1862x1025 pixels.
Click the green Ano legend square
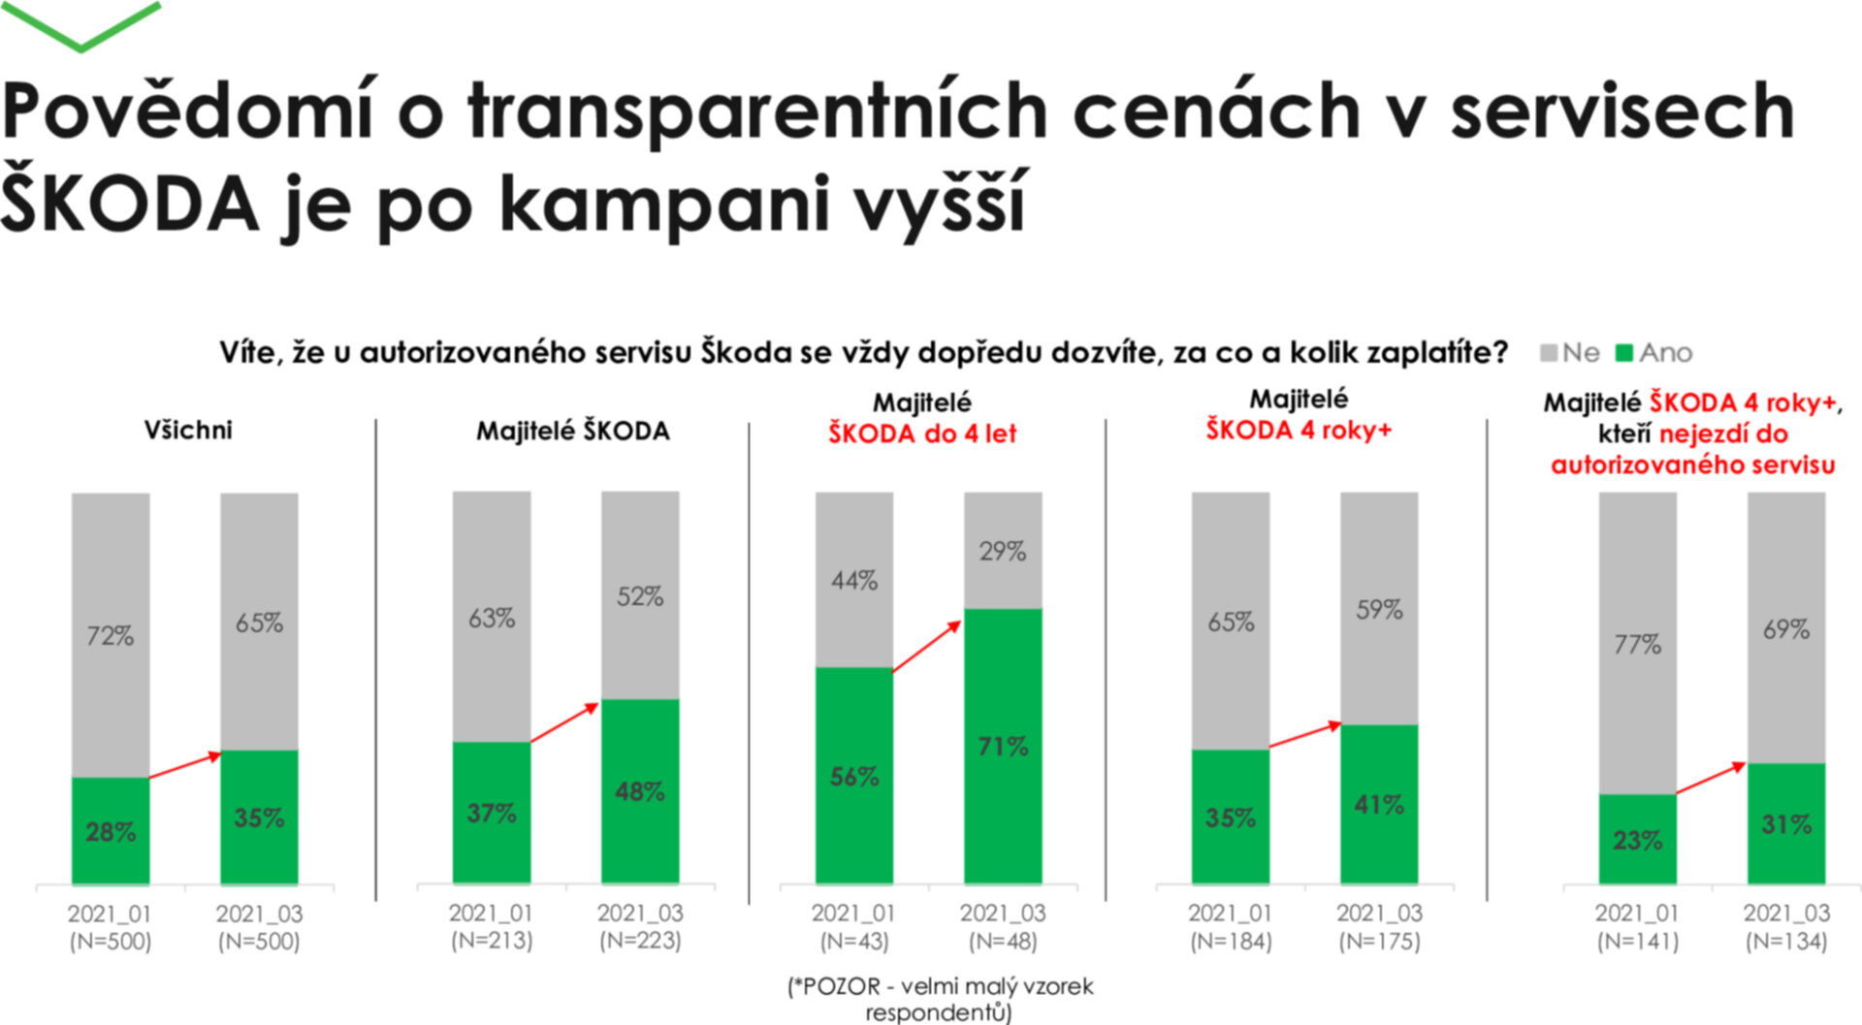[x=1624, y=353]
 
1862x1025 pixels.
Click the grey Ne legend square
[x=1549, y=353]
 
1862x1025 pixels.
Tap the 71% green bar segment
[x=1003, y=746]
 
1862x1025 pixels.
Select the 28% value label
[x=111, y=832]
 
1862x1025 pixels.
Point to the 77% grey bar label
[x=1637, y=644]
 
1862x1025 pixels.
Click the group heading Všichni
[x=188, y=430]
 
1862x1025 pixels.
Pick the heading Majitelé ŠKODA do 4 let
[x=921, y=418]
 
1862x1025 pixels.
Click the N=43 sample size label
[x=854, y=941]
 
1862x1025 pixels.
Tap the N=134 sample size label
[x=1786, y=941]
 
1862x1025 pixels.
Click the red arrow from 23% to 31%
[x=1712, y=779]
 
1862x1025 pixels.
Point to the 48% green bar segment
[x=640, y=790]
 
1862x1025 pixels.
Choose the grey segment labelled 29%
[x=1003, y=551]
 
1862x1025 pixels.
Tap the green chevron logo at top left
[x=81, y=25]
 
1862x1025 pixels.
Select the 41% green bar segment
[x=1379, y=804]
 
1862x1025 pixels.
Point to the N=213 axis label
[x=492, y=941]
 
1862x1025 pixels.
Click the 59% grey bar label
[x=1379, y=609]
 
